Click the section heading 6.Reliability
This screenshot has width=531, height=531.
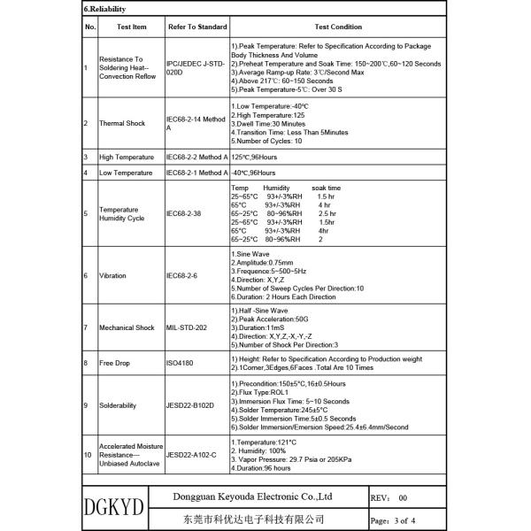pyautogui.click(x=104, y=12)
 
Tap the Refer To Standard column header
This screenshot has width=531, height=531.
pyautogui.click(x=196, y=27)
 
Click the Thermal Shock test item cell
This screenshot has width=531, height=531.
pyautogui.click(x=123, y=123)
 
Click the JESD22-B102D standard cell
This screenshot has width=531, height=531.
pyautogui.click(x=191, y=405)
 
